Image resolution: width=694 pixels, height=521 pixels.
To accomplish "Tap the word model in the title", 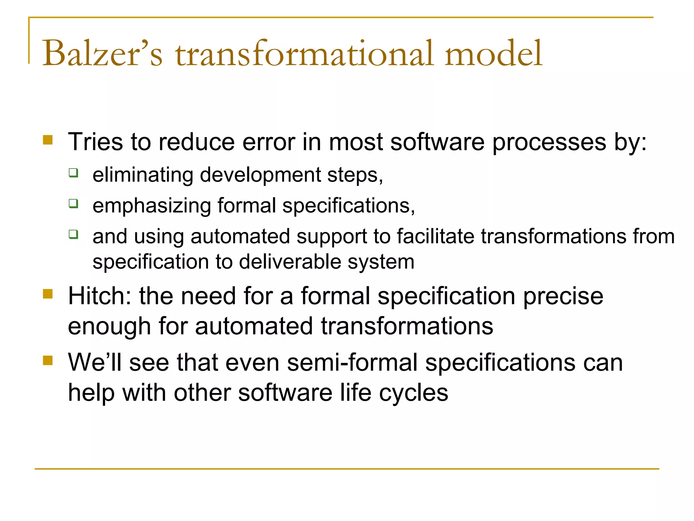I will [493, 53].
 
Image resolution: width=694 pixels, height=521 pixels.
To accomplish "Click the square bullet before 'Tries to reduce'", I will [48, 140].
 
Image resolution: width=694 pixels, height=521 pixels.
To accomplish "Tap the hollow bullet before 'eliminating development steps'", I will [73, 173].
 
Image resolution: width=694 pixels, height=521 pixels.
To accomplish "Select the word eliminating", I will [143, 175].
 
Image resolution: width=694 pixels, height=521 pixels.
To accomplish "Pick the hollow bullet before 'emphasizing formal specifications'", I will [73, 204].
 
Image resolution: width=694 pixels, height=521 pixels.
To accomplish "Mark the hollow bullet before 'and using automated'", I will [73, 234].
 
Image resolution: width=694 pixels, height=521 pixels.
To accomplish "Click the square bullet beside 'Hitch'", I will [48, 294].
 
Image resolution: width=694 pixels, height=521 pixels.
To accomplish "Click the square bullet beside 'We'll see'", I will [48, 360].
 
